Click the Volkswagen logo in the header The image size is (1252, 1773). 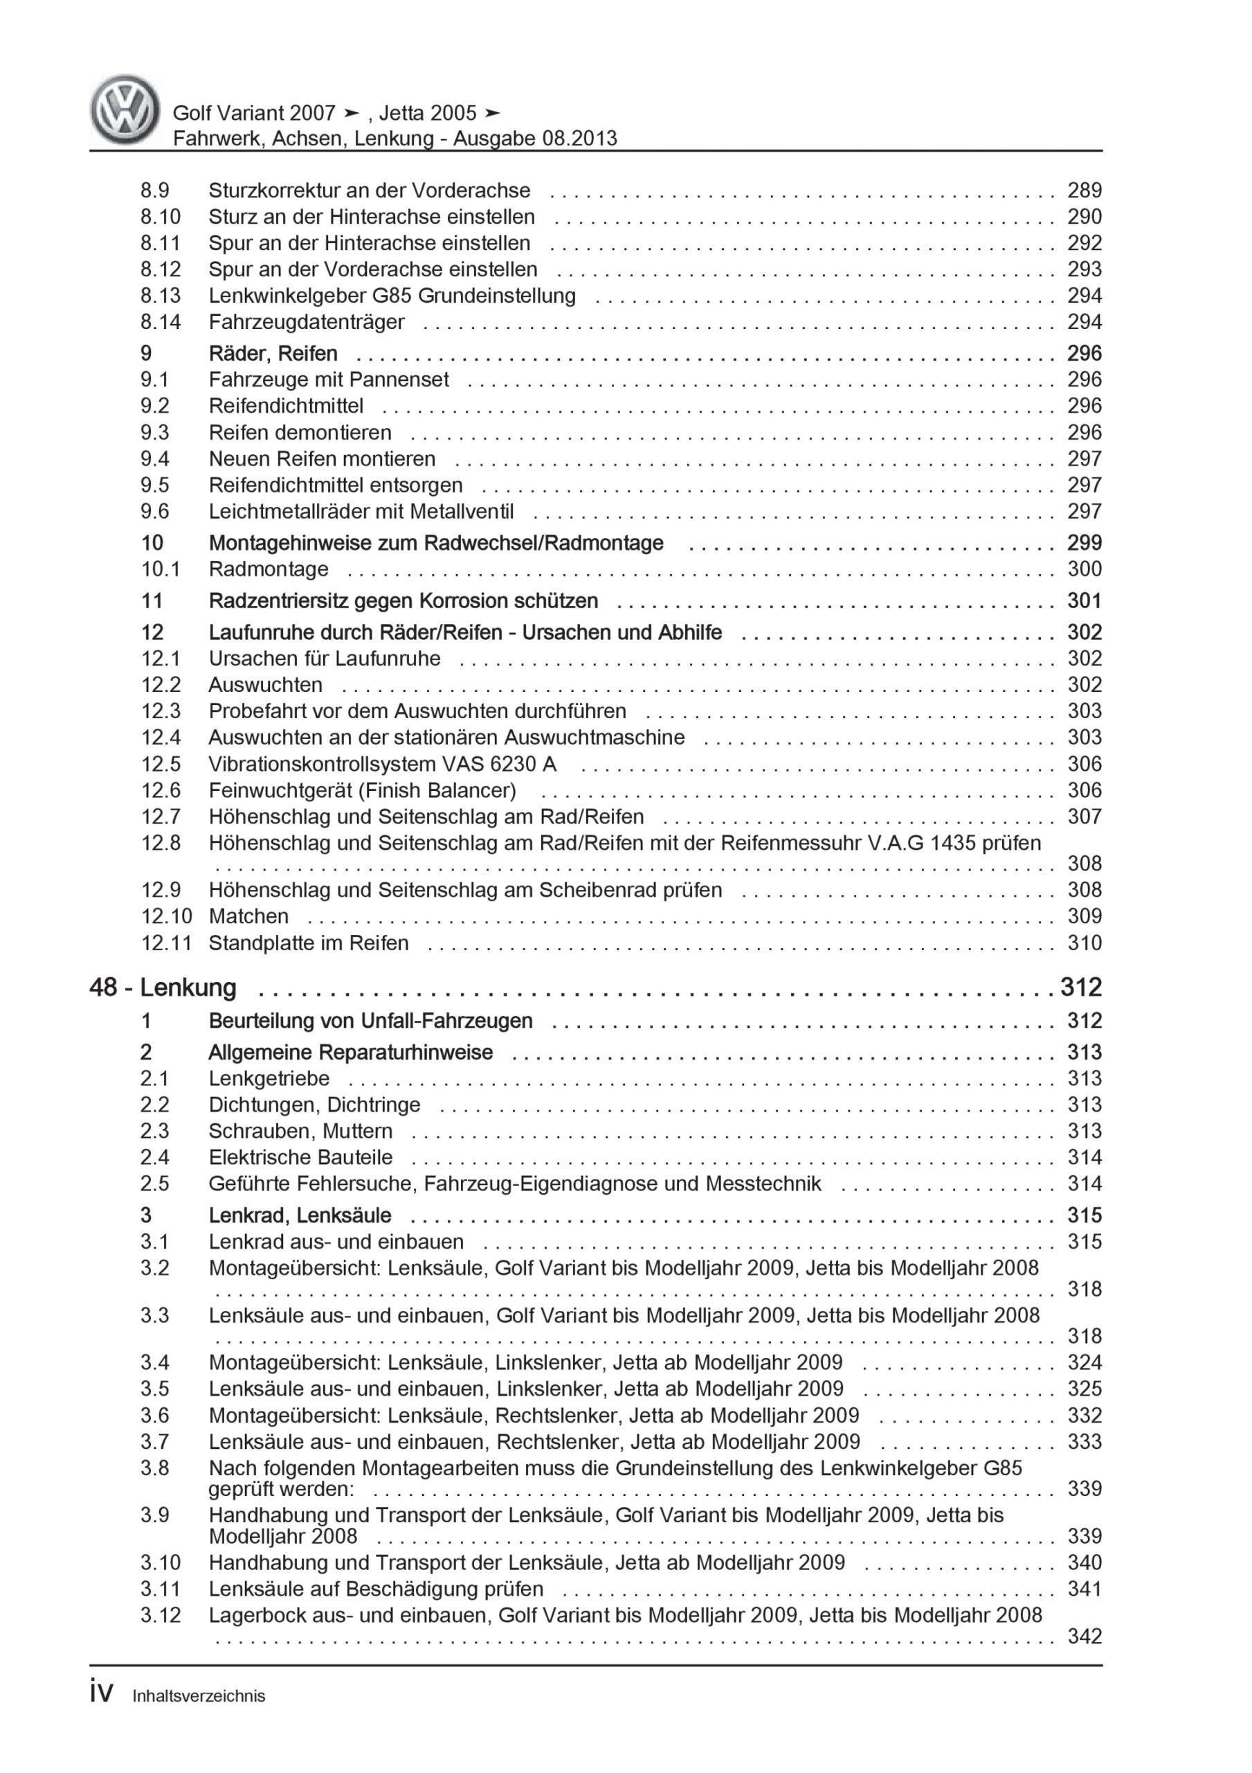(x=125, y=109)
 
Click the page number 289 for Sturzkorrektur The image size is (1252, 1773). (x=1084, y=190)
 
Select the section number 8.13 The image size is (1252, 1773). (x=161, y=296)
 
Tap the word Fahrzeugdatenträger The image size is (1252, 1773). (x=307, y=322)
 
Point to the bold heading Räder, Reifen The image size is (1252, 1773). (x=273, y=354)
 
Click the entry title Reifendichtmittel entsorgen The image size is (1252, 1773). (x=336, y=485)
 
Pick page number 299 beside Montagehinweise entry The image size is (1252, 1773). (x=1084, y=543)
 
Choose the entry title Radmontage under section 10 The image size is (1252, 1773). (x=269, y=569)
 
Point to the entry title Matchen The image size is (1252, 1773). (x=248, y=916)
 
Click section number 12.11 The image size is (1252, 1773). (x=166, y=943)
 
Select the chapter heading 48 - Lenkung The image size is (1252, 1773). (x=163, y=988)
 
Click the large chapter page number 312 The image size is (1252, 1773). (x=1080, y=988)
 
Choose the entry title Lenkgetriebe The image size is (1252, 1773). (x=269, y=1078)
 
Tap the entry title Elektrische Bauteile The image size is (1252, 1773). (x=300, y=1157)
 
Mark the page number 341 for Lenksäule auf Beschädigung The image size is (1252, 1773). (x=1084, y=1589)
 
